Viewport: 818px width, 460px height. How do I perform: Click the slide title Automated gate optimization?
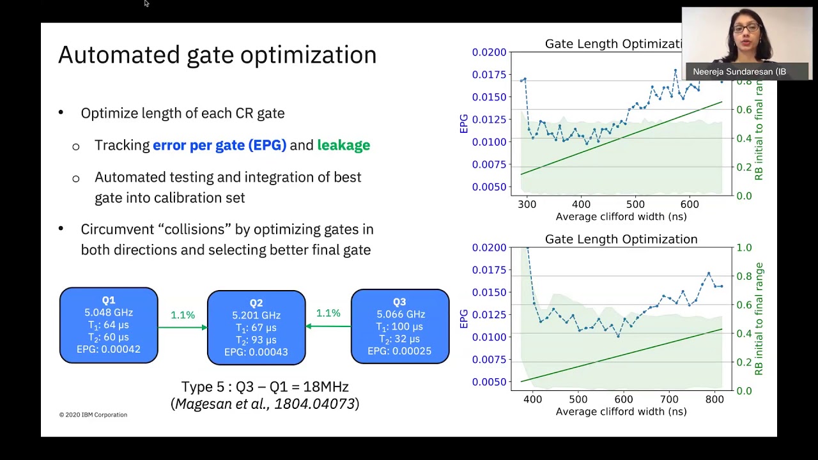click(x=217, y=56)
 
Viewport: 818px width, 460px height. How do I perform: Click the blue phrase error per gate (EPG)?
click(x=219, y=145)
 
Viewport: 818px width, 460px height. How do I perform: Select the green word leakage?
click(x=343, y=145)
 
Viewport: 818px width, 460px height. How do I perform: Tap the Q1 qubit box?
click(x=109, y=325)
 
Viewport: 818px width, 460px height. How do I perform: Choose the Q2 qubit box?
click(x=256, y=327)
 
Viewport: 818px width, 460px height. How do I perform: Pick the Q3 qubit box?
click(x=399, y=326)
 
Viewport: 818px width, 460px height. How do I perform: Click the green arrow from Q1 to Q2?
click(x=183, y=328)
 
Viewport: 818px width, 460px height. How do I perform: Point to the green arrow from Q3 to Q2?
click(x=328, y=326)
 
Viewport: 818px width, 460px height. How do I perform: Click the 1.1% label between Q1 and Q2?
click(x=183, y=315)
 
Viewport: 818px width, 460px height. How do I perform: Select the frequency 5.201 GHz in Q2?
click(x=256, y=316)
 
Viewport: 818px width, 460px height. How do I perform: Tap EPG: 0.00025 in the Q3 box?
click(x=399, y=351)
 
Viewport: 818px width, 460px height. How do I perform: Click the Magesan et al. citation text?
click(x=265, y=404)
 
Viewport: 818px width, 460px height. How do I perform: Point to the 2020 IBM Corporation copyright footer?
click(x=93, y=415)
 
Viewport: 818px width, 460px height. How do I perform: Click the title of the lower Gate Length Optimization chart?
click(x=621, y=239)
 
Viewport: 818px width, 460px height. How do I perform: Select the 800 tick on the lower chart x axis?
click(x=714, y=399)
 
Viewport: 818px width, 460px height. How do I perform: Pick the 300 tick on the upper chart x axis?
click(x=527, y=204)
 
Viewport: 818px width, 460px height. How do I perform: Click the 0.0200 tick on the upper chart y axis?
click(x=489, y=52)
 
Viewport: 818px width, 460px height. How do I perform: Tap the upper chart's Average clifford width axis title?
click(x=621, y=217)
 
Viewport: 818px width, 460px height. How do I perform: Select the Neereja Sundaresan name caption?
click(x=739, y=72)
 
